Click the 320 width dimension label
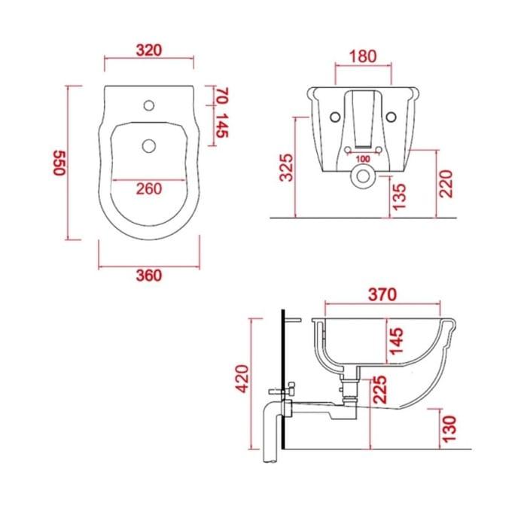pos(149,50)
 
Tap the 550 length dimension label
pos(59,163)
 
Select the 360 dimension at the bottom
pos(149,276)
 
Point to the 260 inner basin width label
pos(149,188)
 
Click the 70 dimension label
pos(222,96)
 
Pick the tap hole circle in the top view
pos(149,105)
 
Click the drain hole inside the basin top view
pos(149,146)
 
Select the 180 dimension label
pos(363,56)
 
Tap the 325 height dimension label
pos(286,167)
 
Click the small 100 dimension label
pos(363,159)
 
